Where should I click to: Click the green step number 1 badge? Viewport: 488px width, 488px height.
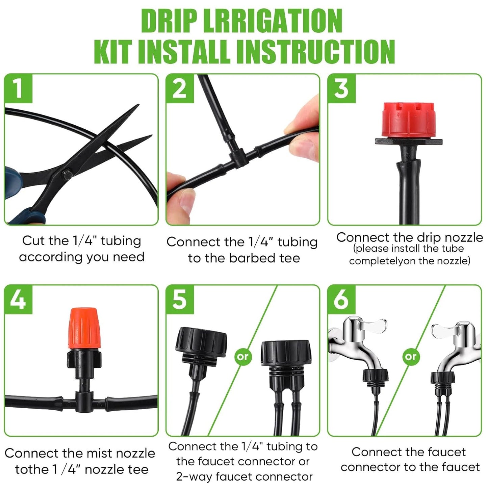coord(18,88)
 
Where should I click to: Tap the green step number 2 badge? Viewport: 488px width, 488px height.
coord(180,88)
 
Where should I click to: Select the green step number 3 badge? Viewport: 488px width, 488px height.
coord(341,88)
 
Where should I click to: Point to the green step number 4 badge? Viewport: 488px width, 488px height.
coord(18,300)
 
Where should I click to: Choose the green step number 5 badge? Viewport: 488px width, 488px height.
coord(180,300)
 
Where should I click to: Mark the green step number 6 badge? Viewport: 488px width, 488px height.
coord(341,300)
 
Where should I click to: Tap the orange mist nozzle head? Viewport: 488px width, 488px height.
coord(84,328)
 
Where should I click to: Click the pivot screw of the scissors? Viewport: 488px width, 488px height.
coord(66,175)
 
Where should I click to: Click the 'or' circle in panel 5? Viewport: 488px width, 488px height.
coord(243,356)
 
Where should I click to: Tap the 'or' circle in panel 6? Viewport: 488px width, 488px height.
coord(411,356)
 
